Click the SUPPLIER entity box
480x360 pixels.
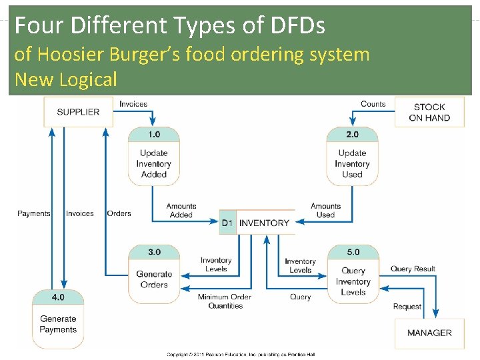point(77,111)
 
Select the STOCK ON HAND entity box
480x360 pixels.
point(429,112)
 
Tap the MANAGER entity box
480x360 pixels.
point(429,333)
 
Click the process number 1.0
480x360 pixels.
point(153,134)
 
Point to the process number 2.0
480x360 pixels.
point(352,134)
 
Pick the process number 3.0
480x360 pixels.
point(154,252)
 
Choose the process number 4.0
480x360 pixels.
point(58,297)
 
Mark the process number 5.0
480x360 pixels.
point(353,252)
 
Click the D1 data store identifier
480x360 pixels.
point(227,223)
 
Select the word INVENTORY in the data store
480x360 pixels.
point(264,223)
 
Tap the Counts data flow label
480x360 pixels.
point(373,104)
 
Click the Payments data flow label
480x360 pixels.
point(34,213)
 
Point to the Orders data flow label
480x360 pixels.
point(119,213)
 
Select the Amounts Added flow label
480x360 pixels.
point(181,211)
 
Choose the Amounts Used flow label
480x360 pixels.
point(325,211)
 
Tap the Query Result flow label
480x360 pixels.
point(413,269)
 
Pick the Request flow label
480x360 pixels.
point(407,307)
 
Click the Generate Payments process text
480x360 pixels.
point(58,324)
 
